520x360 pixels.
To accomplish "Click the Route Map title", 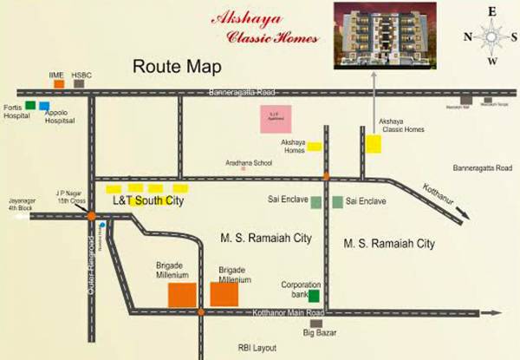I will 178,67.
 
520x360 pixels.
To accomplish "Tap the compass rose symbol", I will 490,36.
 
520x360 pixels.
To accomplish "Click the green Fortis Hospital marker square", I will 30,105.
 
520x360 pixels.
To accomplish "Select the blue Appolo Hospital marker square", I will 44,106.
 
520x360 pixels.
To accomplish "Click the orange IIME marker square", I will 59,84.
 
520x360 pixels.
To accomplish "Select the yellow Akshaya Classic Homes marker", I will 374,145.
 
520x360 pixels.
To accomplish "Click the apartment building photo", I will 374,36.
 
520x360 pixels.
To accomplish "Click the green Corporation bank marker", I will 301,297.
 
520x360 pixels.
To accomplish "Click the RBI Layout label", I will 256,347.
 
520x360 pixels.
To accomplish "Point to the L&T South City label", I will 149,201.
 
